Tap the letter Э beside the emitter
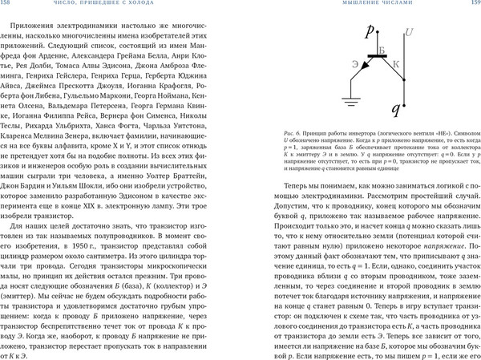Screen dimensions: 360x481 point(354,63)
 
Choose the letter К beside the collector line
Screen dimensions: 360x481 point(395,63)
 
